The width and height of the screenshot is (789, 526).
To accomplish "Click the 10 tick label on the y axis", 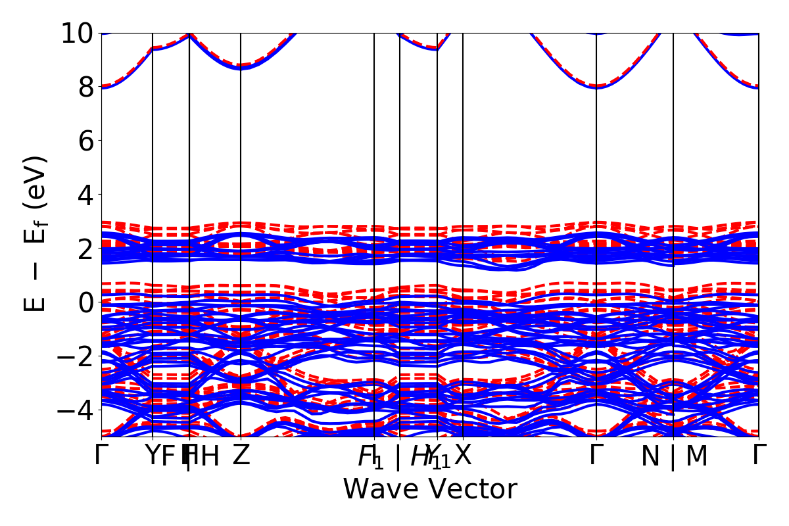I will tap(77, 33).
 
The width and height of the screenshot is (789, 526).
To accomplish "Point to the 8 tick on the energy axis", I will tap(85, 87).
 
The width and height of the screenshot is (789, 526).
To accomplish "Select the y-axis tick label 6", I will tap(85, 141).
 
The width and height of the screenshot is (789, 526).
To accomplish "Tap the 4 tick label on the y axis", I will tap(85, 195).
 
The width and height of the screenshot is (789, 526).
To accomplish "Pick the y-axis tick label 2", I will tap(85, 249).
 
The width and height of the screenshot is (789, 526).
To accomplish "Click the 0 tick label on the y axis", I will tap(85, 302).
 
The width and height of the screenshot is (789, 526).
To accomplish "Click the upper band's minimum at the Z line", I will tap(241, 67).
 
